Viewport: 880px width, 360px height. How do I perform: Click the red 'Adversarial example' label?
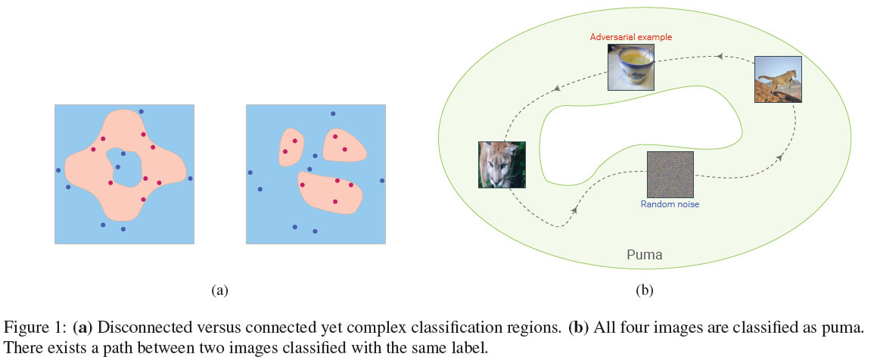click(630, 36)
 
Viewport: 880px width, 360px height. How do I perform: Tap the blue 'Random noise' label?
click(670, 204)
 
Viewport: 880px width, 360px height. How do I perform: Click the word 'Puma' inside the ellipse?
click(645, 255)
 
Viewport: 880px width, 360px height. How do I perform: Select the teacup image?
click(630, 67)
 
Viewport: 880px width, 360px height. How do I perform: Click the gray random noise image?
click(670, 175)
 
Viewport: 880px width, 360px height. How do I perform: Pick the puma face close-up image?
click(501, 165)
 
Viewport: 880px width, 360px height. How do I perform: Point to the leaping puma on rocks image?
click(778, 79)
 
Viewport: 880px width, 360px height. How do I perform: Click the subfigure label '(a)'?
click(219, 290)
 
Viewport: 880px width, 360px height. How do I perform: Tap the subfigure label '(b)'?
click(645, 290)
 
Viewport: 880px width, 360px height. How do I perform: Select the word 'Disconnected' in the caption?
click(135, 328)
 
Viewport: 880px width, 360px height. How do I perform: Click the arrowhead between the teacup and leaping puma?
click(720, 55)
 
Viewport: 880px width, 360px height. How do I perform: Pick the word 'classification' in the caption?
click(448, 328)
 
